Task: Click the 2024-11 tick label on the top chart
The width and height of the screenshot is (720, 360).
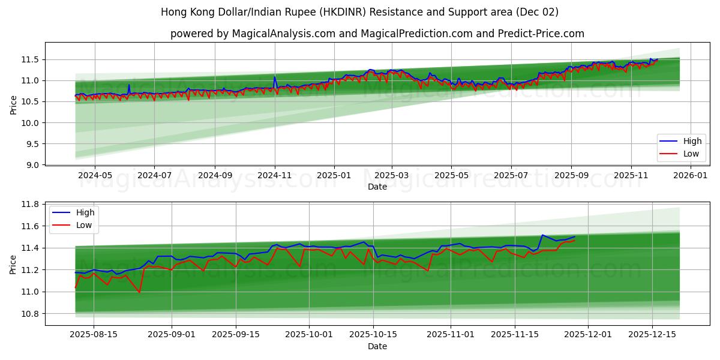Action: point(275,176)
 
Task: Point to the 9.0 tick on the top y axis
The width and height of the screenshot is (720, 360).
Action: point(32,165)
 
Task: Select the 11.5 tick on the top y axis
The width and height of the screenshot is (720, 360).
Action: point(30,59)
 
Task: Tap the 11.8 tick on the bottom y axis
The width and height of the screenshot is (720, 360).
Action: point(30,205)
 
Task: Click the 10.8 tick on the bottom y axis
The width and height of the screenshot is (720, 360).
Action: point(30,314)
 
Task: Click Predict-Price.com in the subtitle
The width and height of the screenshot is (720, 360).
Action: point(541,34)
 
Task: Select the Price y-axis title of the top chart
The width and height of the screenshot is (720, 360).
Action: point(14,104)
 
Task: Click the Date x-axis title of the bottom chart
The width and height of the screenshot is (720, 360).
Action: point(377,346)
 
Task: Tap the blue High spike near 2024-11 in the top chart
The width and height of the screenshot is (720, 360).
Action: point(275,77)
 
